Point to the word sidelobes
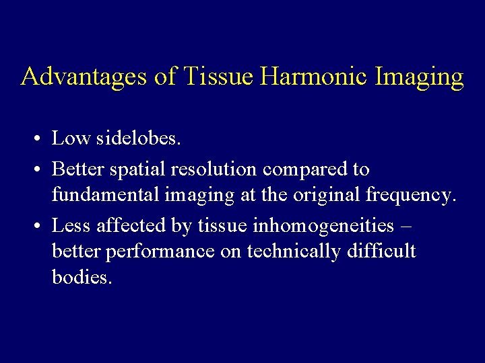click(x=139, y=138)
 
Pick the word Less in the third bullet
click(x=71, y=225)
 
